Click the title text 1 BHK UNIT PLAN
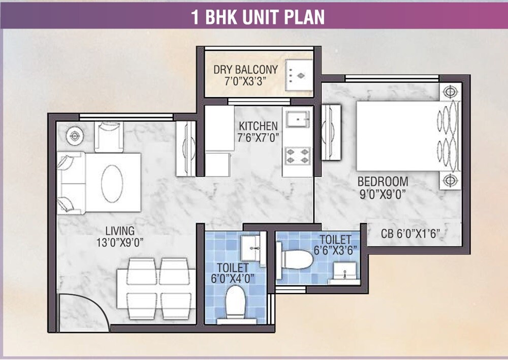pyautogui.click(x=258, y=17)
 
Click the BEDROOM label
pyautogui.click(x=383, y=182)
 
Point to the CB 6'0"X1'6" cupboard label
pyautogui.click(x=410, y=234)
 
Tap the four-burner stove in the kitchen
pyautogui.click(x=297, y=155)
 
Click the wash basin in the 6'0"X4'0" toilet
pyautogui.click(x=251, y=247)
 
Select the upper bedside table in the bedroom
pyautogui.click(x=449, y=92)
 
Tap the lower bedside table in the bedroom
pyautogui.click(x=449, y=179)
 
